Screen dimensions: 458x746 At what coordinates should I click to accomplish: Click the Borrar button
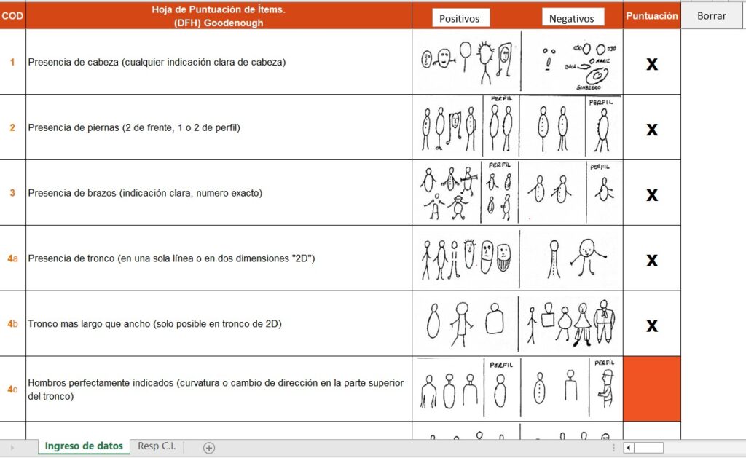711,15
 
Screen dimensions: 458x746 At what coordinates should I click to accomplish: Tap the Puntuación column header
651,15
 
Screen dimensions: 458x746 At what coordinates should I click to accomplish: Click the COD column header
12,15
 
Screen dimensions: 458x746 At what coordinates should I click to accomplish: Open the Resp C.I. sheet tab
157,446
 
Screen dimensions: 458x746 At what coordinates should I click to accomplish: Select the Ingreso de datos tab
84,446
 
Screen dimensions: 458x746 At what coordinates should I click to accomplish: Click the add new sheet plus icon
209,448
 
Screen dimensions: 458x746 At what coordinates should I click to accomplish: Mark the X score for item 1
652,64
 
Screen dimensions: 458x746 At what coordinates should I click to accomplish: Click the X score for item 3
652,195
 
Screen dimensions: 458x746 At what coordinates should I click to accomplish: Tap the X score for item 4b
652,325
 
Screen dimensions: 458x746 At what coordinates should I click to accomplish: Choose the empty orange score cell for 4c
652,389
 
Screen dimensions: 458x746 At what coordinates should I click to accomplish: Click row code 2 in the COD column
12,127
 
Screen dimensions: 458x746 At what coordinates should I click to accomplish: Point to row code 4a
12,258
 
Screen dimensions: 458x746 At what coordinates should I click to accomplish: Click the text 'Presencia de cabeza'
73,62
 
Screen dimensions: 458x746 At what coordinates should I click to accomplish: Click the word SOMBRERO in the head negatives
589,87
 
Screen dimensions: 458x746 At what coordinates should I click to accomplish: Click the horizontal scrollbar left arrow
629,448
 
